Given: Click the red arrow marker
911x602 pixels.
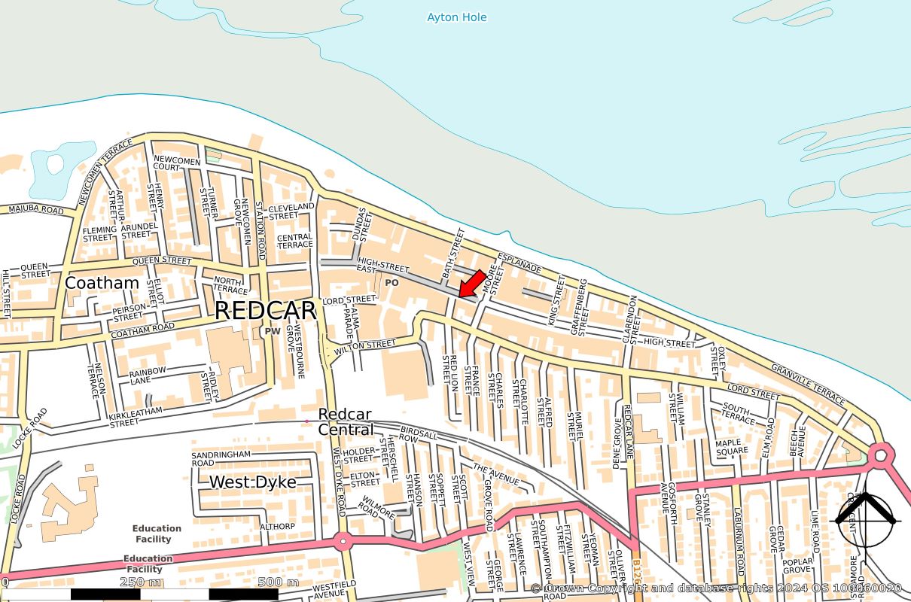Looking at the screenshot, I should point(471,284).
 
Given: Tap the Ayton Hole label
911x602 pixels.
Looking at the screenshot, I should point(456,17).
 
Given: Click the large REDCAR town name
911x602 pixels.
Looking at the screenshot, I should point(265,310).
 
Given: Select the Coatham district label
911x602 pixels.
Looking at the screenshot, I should point(102,283).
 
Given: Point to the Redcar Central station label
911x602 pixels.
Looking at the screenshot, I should point(346,422).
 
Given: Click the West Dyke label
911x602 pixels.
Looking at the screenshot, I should point(252,482).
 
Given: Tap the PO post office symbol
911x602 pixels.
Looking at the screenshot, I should point(392,283).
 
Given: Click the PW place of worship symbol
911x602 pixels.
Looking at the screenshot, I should point(272,330).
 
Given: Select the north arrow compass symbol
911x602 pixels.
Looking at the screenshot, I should point(865,518).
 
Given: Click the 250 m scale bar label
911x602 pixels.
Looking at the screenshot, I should point(140,582).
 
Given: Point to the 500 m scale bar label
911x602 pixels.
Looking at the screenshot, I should point(278,582).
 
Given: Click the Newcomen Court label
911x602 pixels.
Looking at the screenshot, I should point(177,164).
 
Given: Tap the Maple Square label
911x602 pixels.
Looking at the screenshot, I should point(732,447).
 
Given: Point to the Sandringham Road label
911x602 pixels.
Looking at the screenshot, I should point(219,460).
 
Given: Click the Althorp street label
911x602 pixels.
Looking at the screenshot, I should point(277,526).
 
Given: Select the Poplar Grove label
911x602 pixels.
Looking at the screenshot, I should point(797,566).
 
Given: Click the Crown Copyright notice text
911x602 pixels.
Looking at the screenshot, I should point(715,588).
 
